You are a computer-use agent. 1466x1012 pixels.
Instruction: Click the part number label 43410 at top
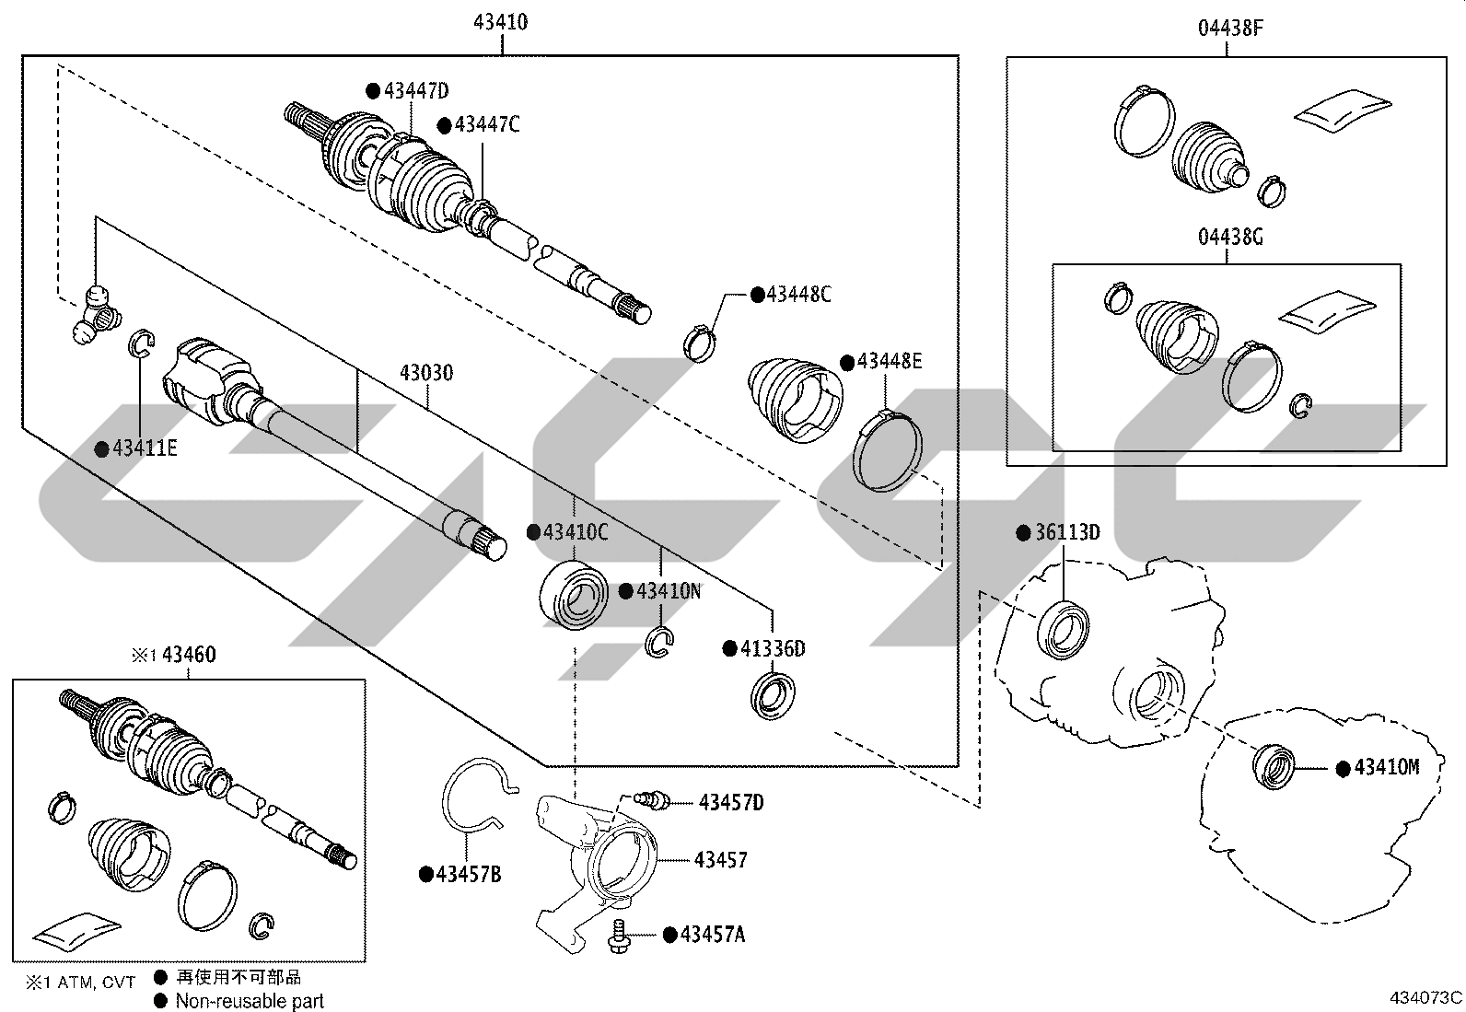[501, 22]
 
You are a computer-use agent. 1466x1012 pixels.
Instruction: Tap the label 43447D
[416, 90]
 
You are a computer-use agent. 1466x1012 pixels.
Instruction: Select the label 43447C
[487, 124]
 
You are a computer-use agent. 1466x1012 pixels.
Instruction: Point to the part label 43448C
[798, 295]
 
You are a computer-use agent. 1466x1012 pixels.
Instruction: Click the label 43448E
[890, 361]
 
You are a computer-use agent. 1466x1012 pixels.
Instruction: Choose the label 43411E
[145, 448]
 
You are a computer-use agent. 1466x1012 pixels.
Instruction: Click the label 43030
[426, 373]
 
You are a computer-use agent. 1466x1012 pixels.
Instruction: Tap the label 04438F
[1230, 29]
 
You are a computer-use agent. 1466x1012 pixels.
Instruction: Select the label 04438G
[1230, 237]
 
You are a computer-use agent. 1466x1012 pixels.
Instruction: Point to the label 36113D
[1067, 533]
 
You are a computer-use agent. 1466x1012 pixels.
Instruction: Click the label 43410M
[1387, 767]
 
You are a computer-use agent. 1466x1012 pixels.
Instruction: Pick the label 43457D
[731, 803]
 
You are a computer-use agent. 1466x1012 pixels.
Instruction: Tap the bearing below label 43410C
[574, 595]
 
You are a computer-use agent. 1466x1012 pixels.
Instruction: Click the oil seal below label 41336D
[773, 696]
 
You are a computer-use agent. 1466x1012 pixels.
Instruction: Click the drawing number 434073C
[1425, 997]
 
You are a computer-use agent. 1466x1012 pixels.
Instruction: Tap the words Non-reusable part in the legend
[250, 1001]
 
